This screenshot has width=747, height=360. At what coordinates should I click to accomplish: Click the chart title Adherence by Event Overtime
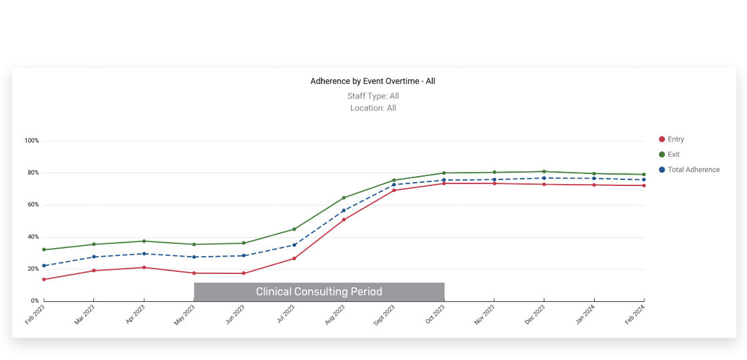click(x=373, y=81)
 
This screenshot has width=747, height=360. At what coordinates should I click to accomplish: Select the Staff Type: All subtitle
click(x=373, y=96)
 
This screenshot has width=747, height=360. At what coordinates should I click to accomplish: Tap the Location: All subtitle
click(x=373, y=108)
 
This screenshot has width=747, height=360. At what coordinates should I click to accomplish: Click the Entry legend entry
click(x=675, y=139)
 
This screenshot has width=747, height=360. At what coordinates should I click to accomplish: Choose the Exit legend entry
click(x=673, y=155)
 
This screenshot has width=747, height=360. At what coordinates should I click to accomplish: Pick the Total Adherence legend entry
click(x=693, y=170)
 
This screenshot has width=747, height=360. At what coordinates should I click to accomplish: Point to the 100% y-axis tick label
click(x=31, y=141)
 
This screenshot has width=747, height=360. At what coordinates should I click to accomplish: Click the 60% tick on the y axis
click(x=33, y=205)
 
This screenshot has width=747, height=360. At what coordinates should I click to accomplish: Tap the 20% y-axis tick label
click(x=33, y=269)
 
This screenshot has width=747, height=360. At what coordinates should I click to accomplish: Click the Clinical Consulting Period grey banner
click(x=319, y=292)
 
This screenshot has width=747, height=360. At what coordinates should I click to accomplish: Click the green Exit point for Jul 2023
click(x=294, y=229)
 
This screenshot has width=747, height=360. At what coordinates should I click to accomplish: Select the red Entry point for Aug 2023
click(x=344, y=219)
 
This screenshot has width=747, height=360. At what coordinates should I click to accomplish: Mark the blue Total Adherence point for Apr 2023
click(x=144, y=253)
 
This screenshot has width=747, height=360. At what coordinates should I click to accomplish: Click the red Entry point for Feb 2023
click(x=44, y=279)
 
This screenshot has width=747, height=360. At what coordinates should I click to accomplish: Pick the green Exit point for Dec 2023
click(x=544, y=171)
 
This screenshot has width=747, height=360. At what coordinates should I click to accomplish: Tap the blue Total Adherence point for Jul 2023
click(x=294, y=245)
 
